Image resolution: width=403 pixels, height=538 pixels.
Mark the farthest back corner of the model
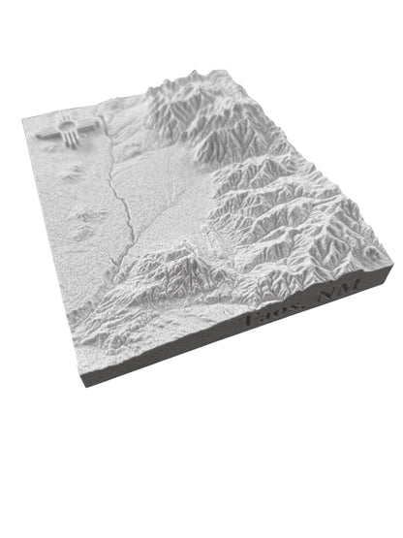click(x=232, y=70)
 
